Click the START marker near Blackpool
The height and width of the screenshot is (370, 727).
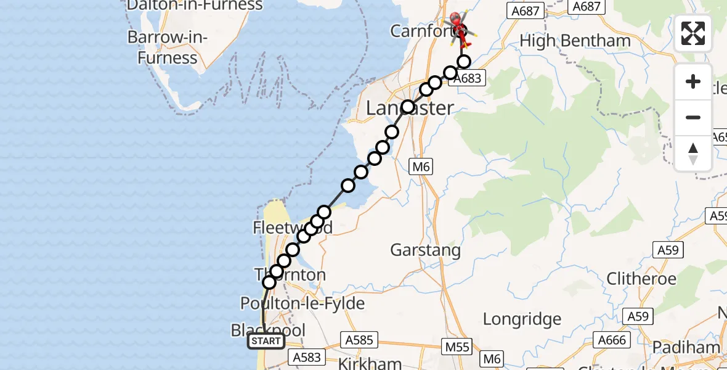click(x=266, y=341)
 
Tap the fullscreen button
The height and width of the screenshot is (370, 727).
click(x=693, y=33)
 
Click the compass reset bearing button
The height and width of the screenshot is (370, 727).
click(x=693, y=154)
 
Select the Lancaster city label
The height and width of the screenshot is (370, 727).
click(x=410, y=108)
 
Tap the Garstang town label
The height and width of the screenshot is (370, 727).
click(x=425, y=250)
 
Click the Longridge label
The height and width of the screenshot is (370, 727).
click(x=522, y=319)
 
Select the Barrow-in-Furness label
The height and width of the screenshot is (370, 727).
click(x=168, y=47)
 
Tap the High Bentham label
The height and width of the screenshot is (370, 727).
click(x=575, y=41)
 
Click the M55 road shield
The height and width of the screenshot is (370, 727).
click(x=457, y=347)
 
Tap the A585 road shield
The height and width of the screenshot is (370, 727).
click(x=358, y=340)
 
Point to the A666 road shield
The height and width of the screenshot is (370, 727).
click(x=611, y=340)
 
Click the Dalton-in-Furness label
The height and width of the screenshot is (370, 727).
click(x=195, y=6)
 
